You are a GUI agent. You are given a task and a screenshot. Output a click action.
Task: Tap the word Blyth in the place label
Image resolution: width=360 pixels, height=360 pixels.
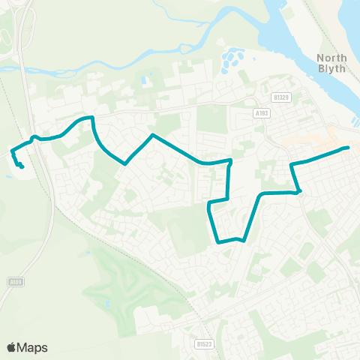[x=331, y=69]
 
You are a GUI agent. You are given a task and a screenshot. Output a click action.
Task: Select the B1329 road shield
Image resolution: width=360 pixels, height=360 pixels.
[x=282, y=97]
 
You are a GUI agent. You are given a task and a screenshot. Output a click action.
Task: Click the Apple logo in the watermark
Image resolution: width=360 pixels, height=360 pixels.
[x=11, y=347]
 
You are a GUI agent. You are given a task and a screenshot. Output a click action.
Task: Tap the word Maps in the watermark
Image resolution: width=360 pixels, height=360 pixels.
[x=32, y=347]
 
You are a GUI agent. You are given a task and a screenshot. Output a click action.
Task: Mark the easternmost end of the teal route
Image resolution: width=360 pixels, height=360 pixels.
[x=349, y=148]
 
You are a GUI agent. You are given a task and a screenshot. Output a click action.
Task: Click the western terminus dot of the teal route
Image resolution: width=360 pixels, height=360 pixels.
[x=22, y=166]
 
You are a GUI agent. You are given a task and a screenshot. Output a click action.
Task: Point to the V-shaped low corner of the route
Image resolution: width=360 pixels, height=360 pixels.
[x=125, y=163]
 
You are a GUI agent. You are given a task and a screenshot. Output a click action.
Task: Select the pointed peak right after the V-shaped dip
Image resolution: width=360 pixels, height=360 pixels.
[x=152, y=135]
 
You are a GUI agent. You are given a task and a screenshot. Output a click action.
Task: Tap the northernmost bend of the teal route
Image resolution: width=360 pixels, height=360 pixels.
[x=91, y=117]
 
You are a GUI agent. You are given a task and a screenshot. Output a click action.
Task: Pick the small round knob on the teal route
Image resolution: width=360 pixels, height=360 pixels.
[x=299, y=191]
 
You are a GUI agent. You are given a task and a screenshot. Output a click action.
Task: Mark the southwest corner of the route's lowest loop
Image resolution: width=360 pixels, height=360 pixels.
[x=217, y=241]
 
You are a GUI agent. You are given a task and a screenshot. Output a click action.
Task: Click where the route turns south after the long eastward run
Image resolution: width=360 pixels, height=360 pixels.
[x=230, y=160]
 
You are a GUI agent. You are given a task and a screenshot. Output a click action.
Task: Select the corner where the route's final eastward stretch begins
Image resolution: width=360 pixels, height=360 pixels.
[x=292, y=163]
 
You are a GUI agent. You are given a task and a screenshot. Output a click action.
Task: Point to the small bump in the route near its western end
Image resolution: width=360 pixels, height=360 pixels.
[x=35, y=137]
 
